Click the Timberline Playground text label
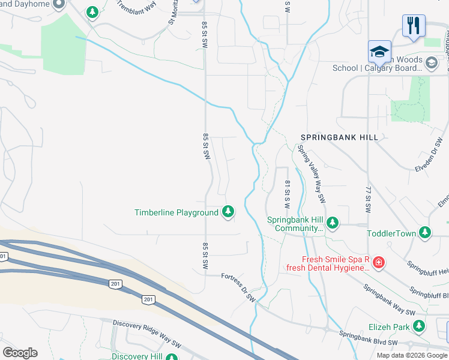click(176, 212)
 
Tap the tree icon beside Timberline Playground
click(228, 212)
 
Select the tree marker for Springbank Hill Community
click(332, 224)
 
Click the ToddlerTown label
click(391, 233)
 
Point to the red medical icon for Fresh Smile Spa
click(378, 262)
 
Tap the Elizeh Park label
click(389, 328)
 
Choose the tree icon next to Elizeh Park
click(418, 327)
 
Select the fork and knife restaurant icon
click(414, 26)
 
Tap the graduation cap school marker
click(379, 52)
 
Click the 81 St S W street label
click(287, 194)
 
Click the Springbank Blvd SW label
click(368, 338)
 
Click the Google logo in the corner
click(20, 353)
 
